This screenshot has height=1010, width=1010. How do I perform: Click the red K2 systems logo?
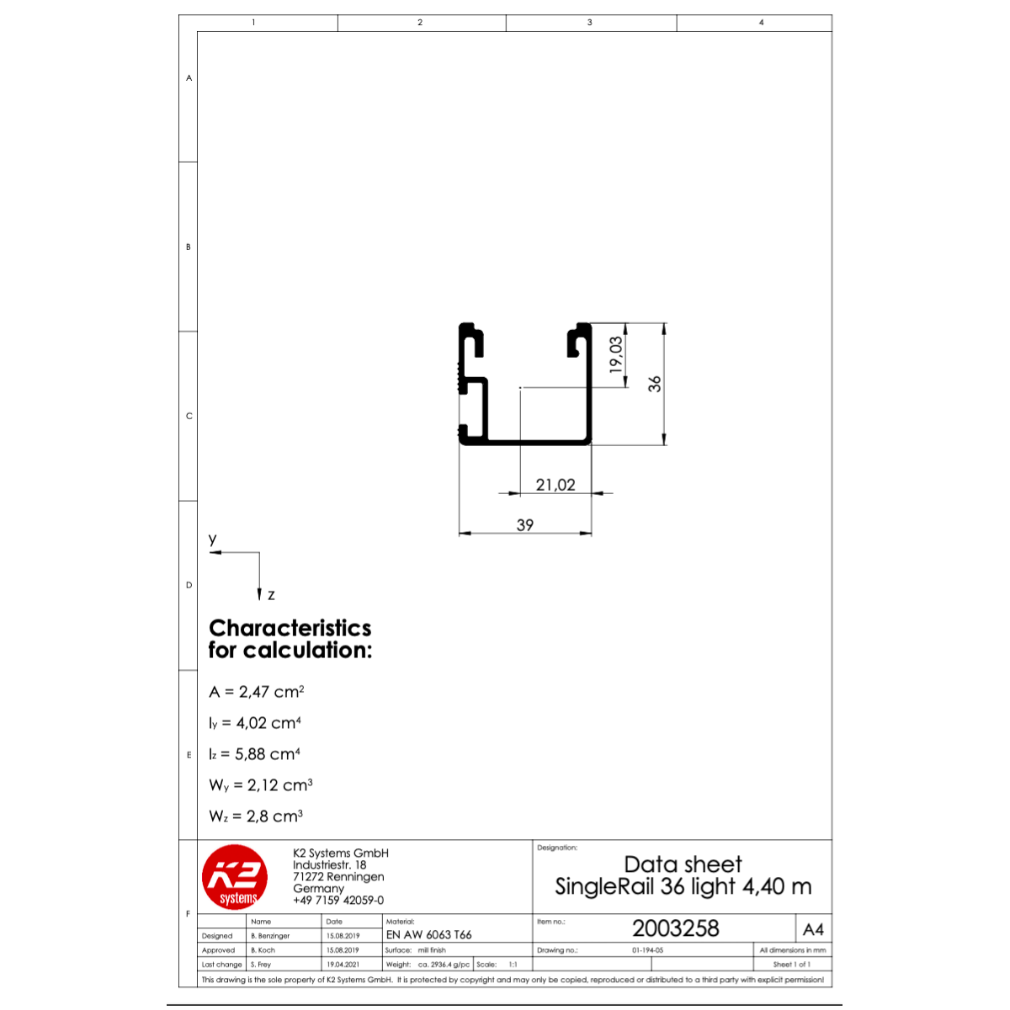[234, 877]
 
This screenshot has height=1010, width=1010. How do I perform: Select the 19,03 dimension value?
[616, 355]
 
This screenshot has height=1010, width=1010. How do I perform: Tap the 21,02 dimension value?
[555, 484]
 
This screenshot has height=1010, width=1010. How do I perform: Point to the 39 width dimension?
[524, 524]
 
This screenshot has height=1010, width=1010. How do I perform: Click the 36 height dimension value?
[654, 384]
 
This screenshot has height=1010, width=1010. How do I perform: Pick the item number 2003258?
[675, 928]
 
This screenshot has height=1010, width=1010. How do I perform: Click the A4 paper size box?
[813, 929]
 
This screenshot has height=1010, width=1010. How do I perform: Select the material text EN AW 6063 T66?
[428, 934]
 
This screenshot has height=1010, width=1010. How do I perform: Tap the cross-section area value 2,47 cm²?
[271, 691]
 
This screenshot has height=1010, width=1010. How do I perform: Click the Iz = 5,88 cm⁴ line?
[254, 753]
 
